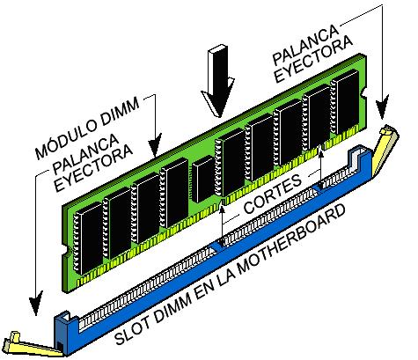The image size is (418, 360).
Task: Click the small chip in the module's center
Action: coord(205,180)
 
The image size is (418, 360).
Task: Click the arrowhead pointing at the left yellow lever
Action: coord(33,305)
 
